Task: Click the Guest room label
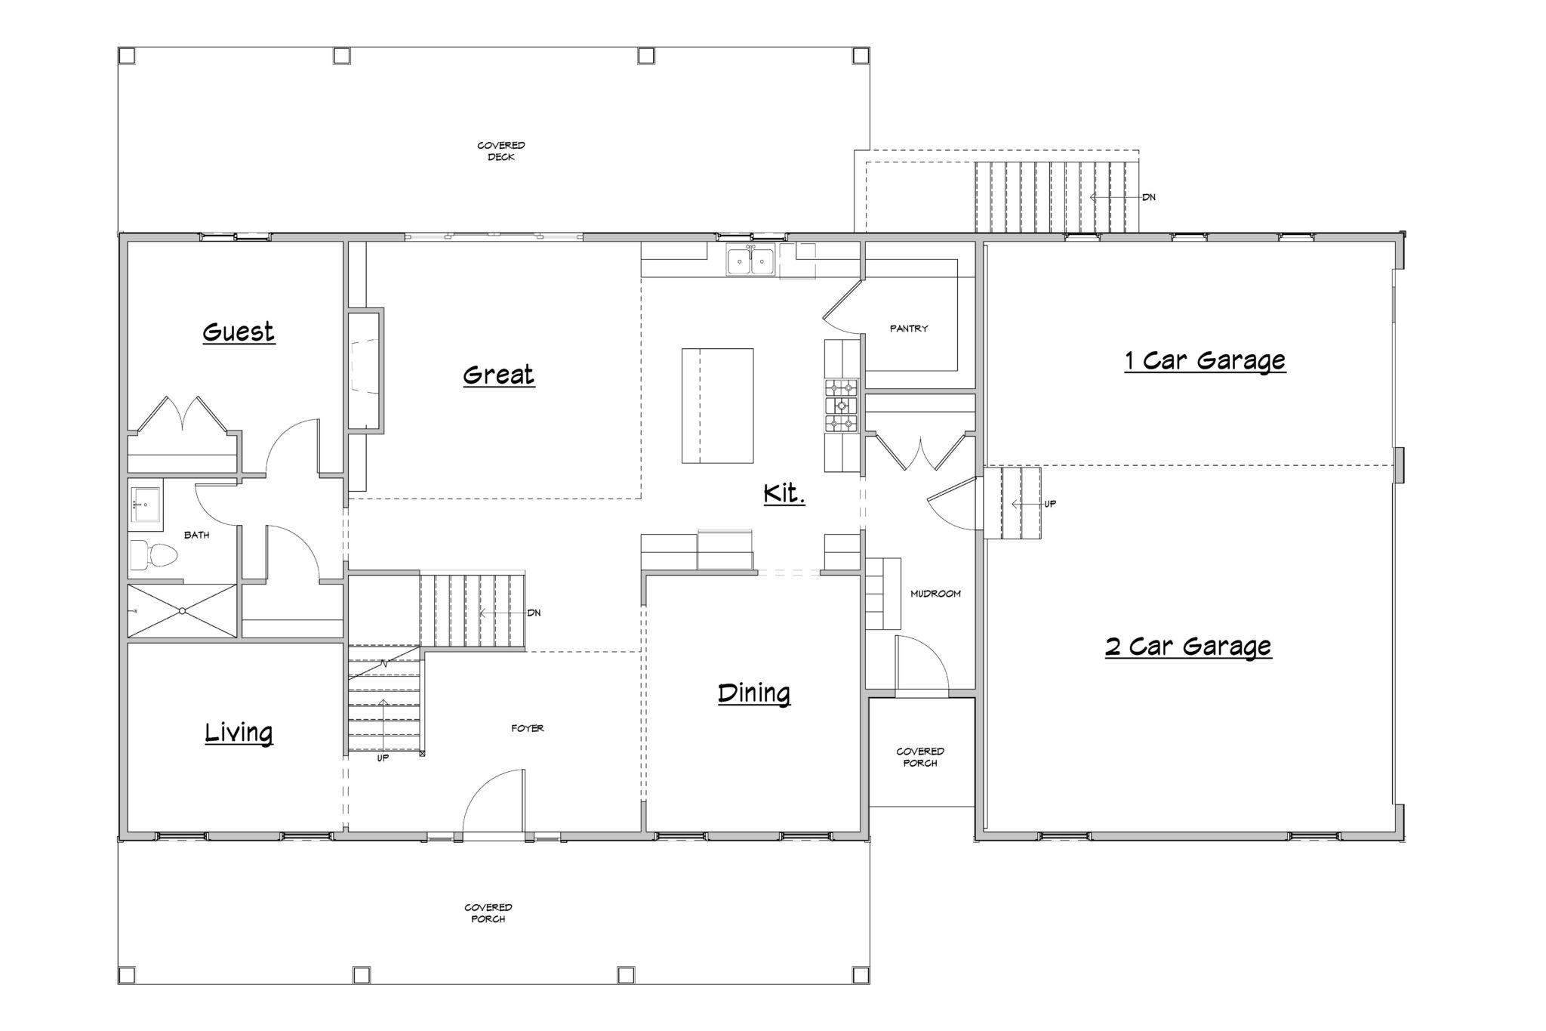click(x=239, y=332)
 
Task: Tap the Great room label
click(x=499, y=375)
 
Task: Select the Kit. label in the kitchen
click(x=784, y=494)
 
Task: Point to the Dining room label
click(x=754, y=693)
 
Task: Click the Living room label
click(x=239, y=733)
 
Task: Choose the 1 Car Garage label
click(x=1205, y=361)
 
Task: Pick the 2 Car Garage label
click(x=1189, y=647)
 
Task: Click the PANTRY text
click(x=909, y=329)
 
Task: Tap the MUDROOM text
click(x=935, y=594)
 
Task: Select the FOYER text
click(x=528, y=728)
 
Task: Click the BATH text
click(x=197, y=535)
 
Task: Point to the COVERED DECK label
click(x=501, y=151)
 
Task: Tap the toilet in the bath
click(x=152, y=555)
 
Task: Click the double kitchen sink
click(x=750, y=261)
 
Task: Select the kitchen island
click(x=717, y=406)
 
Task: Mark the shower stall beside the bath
click(x=182, y=611)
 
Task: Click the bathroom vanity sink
click(x=145, y=503)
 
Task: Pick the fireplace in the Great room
click(x=365, y=369)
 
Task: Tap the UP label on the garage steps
click(x=1050, y=504)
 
